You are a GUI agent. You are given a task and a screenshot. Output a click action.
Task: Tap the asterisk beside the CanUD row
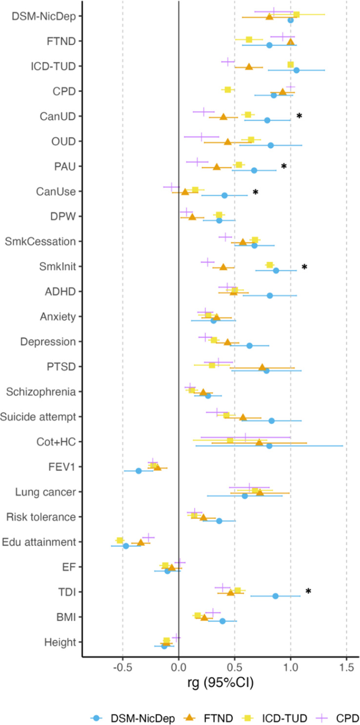(300, 116)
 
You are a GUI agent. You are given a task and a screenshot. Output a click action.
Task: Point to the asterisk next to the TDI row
(308, 591)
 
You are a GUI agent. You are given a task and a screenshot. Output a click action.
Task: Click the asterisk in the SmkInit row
(304, 267)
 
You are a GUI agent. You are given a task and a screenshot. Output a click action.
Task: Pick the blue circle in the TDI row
(276, 596)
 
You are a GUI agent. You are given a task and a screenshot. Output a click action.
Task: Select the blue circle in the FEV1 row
(139, 470)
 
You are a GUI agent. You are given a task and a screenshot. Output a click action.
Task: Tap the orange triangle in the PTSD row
(262, 367)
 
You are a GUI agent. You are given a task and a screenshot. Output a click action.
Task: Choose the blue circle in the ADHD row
(270, 295)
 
